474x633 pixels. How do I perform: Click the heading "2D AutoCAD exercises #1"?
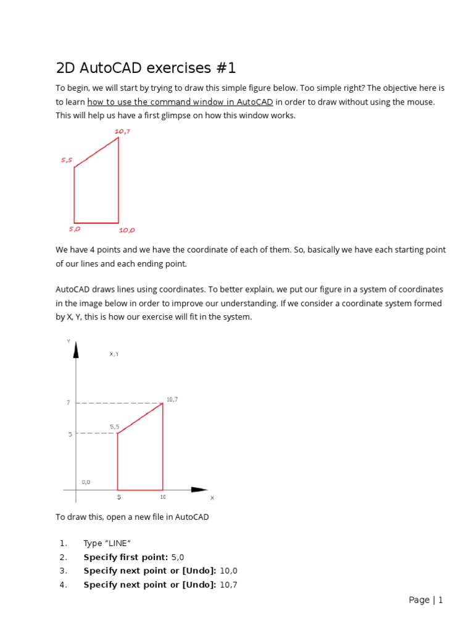click(146, 67)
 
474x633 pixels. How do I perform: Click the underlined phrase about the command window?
click(180, 102)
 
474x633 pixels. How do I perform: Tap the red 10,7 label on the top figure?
click(122, 131)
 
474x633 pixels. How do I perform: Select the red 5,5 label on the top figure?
click(67, 160)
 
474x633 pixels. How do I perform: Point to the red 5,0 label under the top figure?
click(74, 229)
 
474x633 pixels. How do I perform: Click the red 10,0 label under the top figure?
click(127, 230)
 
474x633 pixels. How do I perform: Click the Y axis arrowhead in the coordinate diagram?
click(76, 349)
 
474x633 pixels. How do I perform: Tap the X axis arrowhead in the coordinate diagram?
click(199, 490)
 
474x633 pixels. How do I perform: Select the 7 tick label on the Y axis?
click(69, 403)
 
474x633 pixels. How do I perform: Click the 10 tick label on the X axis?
click(163, 497)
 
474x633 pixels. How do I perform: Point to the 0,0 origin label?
click(86, 482)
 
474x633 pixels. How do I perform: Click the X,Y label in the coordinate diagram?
click(114, 354)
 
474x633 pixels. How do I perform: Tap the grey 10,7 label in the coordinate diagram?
click(172, 399)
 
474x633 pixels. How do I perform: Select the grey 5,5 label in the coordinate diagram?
click(115, 427)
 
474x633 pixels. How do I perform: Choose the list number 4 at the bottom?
click(63, 585)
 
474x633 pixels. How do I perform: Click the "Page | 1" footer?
click(426, 600)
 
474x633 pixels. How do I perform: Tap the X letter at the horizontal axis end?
click(212, 498)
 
